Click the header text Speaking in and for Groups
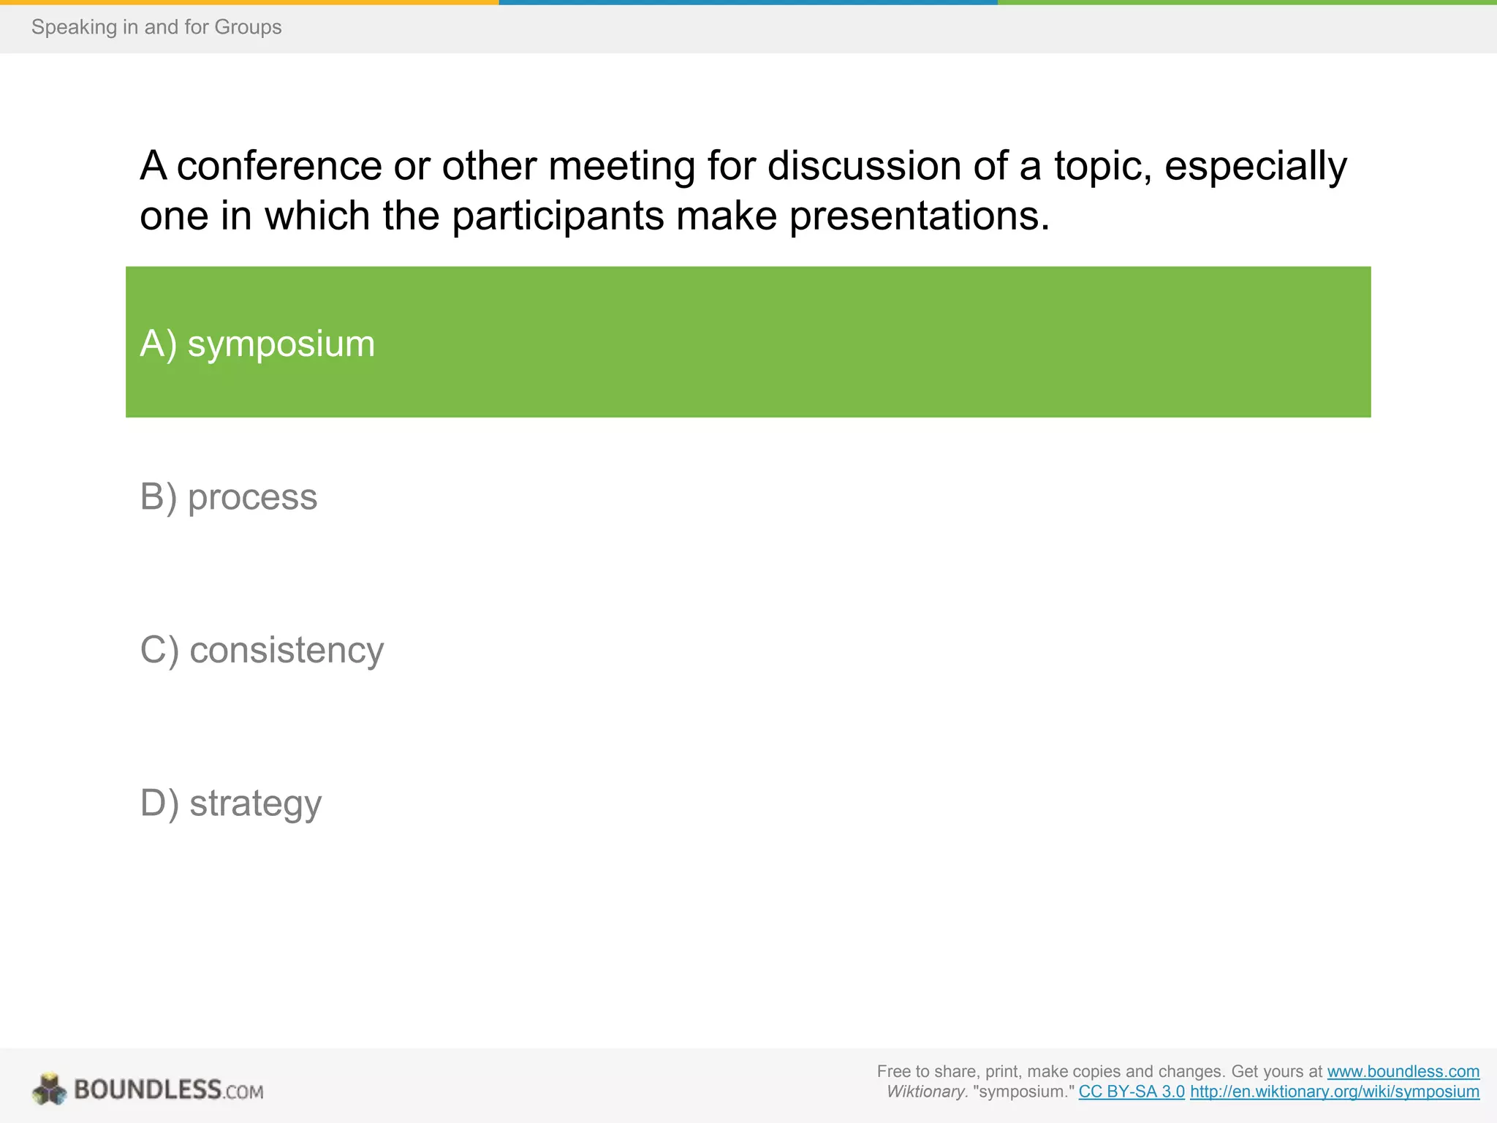156,27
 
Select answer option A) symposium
257,343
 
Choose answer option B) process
229,497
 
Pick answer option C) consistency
262,650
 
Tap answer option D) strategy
230,803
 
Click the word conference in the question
279,166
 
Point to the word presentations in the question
919,216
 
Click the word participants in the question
557,216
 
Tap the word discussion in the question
864,166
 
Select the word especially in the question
1255,166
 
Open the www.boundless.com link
1403,1071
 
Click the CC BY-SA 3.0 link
1132,1092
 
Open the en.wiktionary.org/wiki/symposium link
1334,1092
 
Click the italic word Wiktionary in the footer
927,1092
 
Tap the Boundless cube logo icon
50,1089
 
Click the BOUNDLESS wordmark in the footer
148,1089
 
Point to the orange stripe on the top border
249,2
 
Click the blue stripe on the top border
748,2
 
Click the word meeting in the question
621,166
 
